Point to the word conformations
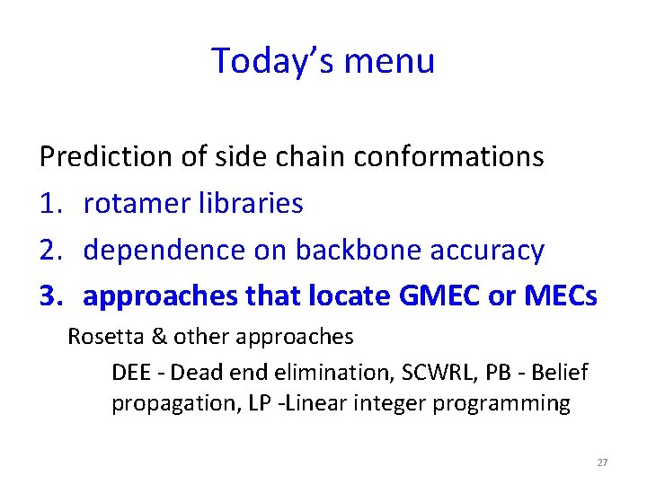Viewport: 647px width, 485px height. point(448,157)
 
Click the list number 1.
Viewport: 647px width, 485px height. point(50,204)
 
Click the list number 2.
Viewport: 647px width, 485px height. point(50,251)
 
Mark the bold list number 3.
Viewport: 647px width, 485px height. point(50,296)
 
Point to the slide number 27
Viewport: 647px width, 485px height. point(602,463)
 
